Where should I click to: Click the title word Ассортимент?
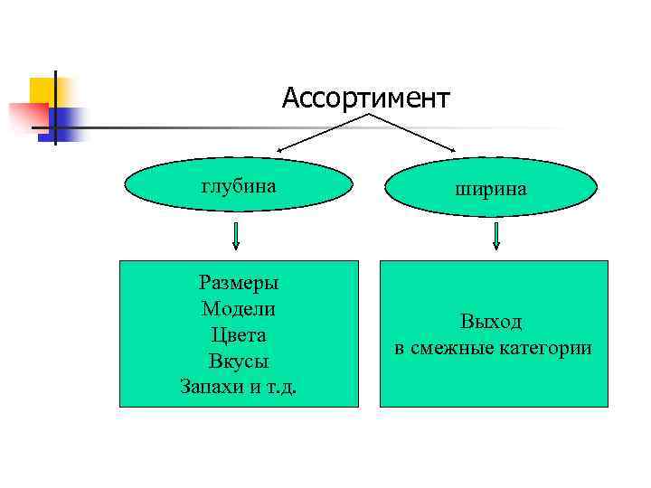point(365,98)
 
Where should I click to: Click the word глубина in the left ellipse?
point(239,185)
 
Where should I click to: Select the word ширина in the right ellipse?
point(493,189)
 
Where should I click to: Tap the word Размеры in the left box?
point(239,282)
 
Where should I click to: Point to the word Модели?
point(239,308)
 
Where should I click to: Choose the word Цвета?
point(239,334)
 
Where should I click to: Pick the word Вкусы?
point(239,361)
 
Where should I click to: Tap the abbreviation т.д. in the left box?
point(284,387)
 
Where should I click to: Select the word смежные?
point(456,347)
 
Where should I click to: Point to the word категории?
point(550,347)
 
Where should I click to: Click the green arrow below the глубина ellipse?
point(236,234)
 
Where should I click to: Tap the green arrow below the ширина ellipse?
point(495,235)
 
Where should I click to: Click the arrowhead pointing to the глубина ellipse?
point(281,150)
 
